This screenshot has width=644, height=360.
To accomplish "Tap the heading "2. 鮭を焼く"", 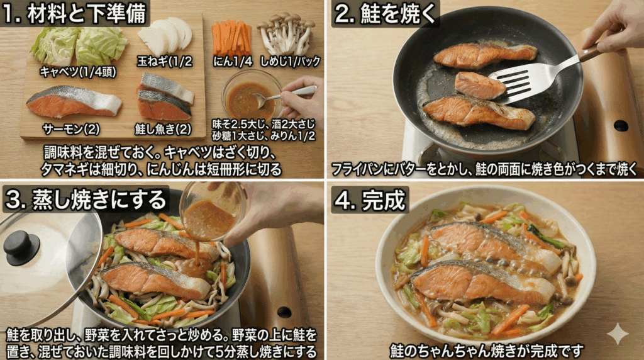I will tap(386, 14).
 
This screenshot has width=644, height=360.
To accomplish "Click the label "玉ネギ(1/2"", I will tap(165, 61).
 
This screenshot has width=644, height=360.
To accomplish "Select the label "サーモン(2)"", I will tap(71, 129).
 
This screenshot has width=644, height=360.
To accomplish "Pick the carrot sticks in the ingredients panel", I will tap(232, 38).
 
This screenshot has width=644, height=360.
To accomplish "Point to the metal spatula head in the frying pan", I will tap(519, 81).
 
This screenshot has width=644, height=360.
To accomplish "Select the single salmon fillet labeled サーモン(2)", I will tap(73, 102).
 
